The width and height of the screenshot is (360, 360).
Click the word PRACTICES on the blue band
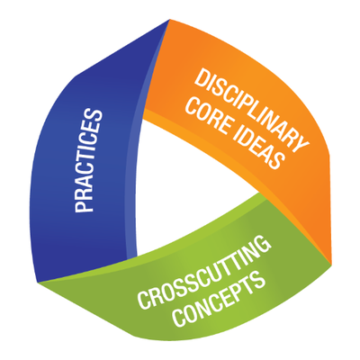[88, 163]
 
